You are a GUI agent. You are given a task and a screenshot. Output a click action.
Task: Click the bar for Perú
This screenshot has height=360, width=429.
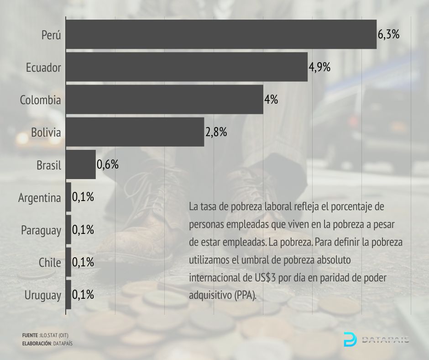(x=221, y=34)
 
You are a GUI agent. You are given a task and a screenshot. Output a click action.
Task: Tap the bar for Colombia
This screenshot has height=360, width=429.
(x=164, y=100)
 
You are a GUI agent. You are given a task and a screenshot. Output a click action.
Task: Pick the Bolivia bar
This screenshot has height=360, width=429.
(x=135, y=132)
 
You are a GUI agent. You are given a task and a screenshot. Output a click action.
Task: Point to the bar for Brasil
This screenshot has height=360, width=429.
(x=81, y=164)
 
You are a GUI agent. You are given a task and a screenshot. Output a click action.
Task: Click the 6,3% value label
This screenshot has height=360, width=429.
(x=388, y=34)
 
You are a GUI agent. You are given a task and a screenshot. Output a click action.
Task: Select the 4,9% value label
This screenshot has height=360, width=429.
(x=319, y=67)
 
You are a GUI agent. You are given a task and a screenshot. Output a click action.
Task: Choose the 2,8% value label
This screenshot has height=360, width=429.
(x=216, y=132)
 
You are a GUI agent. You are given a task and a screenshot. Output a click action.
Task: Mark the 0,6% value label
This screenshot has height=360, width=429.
(x=108, y=164)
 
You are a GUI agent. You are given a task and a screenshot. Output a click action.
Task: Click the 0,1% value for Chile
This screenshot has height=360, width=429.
(x=83, y=262)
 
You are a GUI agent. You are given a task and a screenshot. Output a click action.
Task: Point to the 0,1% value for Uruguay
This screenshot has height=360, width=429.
(x=83, y=295)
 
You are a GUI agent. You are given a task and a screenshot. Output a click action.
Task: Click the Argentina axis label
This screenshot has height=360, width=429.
(x=40, y=198)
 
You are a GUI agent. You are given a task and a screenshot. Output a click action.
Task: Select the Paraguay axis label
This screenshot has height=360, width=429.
(x=41, y=231)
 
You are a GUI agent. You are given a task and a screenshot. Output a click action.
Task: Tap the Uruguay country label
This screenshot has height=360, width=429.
(x=43, y=296)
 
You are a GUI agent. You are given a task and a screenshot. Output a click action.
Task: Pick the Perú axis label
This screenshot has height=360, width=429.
(x=51, y=35)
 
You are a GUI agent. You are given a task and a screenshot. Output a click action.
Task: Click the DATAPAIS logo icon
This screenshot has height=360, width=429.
(x=350, y=339)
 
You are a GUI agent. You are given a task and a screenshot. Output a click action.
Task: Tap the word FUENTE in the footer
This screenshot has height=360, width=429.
(x=30, y=335)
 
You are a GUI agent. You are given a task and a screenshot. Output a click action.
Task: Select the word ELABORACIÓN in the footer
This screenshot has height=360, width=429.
(x=37, y=343)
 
